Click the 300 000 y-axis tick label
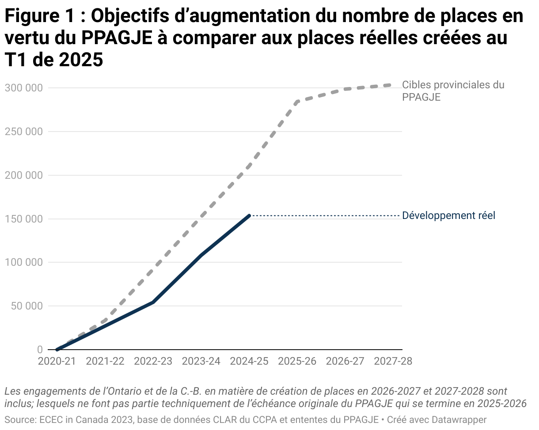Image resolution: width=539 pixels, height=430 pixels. tap(23, 88)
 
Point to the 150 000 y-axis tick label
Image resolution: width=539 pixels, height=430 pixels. tap(23, 219)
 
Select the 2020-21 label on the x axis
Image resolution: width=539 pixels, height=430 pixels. tap(57, 361)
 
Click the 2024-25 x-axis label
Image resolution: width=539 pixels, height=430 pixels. tap(249, 361)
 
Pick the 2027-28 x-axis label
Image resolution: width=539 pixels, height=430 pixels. tap(393, 361)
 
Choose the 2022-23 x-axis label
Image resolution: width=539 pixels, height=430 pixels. tap(153, 361)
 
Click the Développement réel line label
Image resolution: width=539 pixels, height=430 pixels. tap(448, 216)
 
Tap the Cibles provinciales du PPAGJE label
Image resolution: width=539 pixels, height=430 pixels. tap(452, 91)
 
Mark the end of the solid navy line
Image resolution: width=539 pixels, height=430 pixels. tap(249, 215)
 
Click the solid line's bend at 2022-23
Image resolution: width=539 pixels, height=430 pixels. tap(153, 302)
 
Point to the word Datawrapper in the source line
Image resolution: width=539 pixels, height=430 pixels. tap(459, 419)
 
